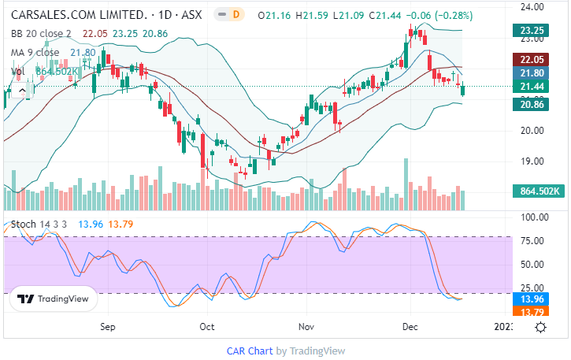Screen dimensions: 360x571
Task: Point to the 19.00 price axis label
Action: click(x=533, y=161)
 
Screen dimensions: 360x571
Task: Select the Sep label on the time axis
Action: click(x=109, y=325)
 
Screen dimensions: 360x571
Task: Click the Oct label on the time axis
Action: click(x=207, y=325)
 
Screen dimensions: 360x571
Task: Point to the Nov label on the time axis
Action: click(x=307, y=325)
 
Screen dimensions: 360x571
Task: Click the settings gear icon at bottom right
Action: click(x=541, y=328)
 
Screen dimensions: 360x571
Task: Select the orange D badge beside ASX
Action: click(x=237, y=15)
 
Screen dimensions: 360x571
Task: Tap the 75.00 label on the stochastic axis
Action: click(x=533, y=240)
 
